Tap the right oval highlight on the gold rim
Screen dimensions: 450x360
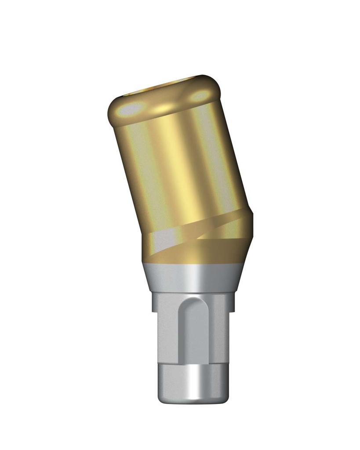(200, 95)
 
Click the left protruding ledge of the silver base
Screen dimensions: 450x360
(154, 303)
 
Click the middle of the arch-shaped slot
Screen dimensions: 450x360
(194, 334)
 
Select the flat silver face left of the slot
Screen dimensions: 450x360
(169, 334)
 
